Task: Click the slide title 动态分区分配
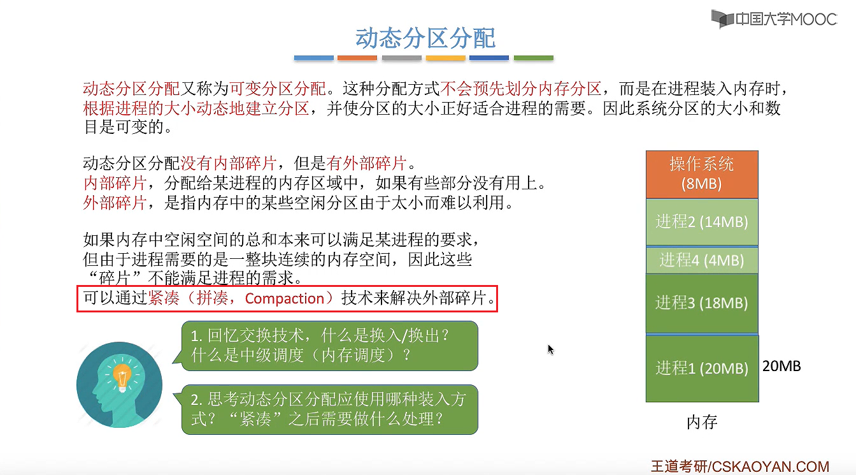tap(425, 38)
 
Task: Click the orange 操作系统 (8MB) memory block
tap(702, 174)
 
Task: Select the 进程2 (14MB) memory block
tap(702, 222)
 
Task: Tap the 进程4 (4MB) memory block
tap(702, 260)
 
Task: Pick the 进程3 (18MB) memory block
tap(702, 303)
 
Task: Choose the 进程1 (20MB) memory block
tap(702, 369)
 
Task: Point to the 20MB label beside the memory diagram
tap(781, 366)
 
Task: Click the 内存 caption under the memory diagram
tap(702, 422)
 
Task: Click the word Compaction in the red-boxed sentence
tap(285, 298)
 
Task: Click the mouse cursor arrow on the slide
tap(550, 349)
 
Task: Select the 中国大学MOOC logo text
tap(785, 19)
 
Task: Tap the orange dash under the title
tap(357, 58)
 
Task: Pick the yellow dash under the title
tap(445, 58)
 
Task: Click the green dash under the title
tap(533, 58)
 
